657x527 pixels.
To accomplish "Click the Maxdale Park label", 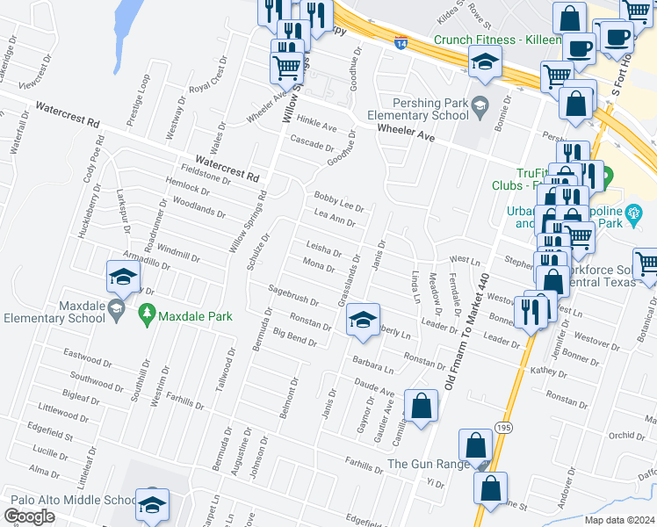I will (195, 315).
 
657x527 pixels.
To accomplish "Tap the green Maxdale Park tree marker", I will (147, 313).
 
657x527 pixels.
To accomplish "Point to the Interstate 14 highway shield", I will (401, 41).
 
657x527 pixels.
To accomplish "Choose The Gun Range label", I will (422, 464).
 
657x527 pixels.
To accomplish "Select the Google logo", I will (30, 516).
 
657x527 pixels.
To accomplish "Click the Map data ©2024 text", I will (619, 520).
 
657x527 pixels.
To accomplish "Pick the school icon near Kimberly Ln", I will (362, 321).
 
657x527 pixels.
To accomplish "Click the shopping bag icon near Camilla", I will (422, 406).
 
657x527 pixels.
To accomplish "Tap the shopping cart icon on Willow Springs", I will (286, 67).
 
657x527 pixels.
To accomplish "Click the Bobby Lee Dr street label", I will (338, 200).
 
